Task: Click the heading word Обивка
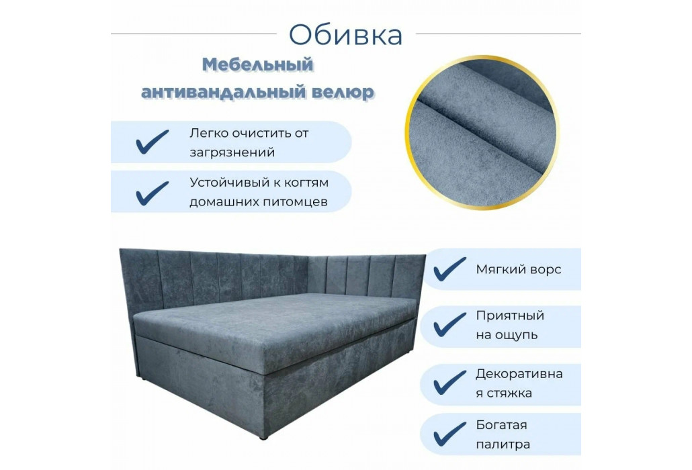(x=345, y=34)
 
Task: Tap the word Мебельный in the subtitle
(x=258, y=65)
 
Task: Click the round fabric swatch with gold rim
(x=482, y=132)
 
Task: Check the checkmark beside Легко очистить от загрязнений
(x=153, y=142)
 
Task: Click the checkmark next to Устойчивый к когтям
(x=153, y=193)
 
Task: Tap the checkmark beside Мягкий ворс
(x=449, y=269)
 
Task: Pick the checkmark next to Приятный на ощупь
(x=449, y=324)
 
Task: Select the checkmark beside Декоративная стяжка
(x=449, y=382)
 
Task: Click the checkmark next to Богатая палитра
(x=449, y=434)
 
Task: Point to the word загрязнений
(x=232, y=153)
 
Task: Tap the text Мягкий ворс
(x=519, y=269)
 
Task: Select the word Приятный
(x=510, y=316)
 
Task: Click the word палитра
(x=503, y=444)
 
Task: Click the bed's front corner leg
(x=264, y=438)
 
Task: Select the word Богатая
(x=501, y=425)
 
